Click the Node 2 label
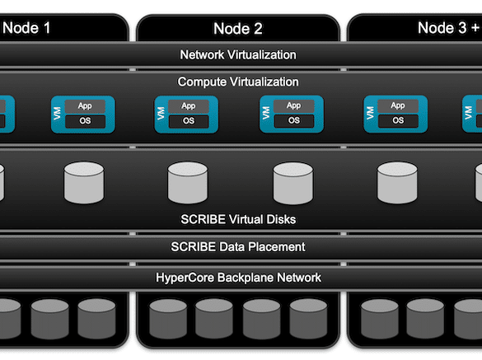pyautogui.click(x=238, y=29)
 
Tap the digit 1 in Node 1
pyautogui.click(x=46, y=28)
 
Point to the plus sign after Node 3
pyautogui.click(x=475, y=28)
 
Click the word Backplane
pyautogui.click(x=246, y=278)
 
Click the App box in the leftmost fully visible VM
pyautogui.click(x=85, y=106)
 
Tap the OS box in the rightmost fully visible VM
pyautogui.click(x=398, y=120)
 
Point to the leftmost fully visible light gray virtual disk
pyautogui.click(x=84, y=183)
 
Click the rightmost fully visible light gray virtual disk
pyautogui.click(x=397, y=183)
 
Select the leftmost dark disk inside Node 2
pyautogui.click(x=168, y=319)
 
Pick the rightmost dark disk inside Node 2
pyautogui.click(x=308, y=319)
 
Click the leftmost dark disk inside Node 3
pyautogui.click(x=380, y=319)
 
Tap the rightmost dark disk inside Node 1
pyautogui.click(x=96, y=319)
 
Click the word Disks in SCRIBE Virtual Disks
pyautogui.click(x=281, y=219)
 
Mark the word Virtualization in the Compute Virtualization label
pyautogui.click(x=264, y=82)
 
